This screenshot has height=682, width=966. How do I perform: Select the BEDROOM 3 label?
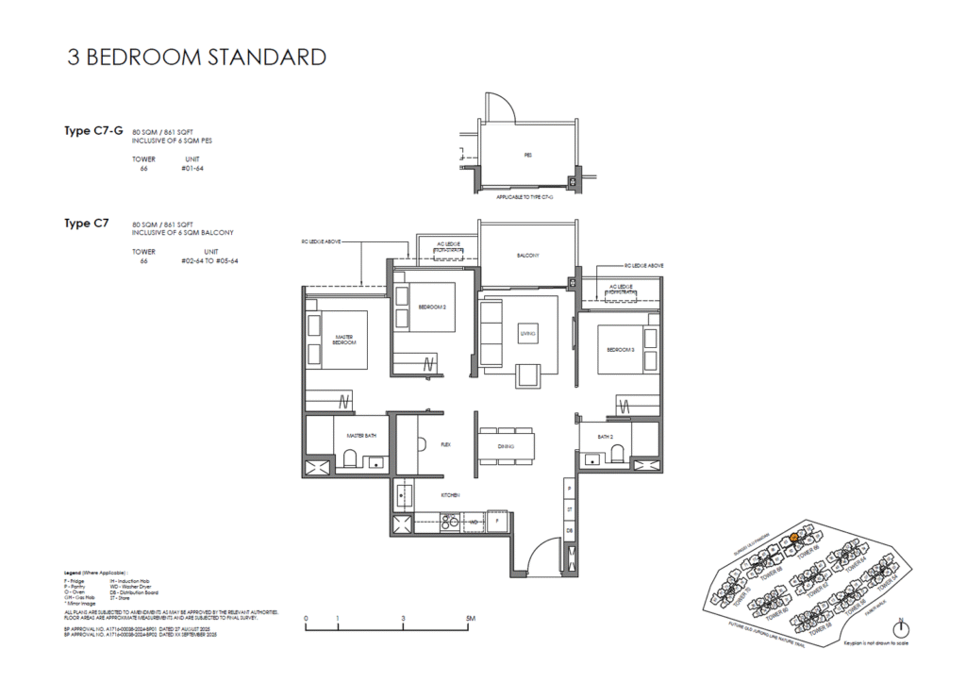[x=619, y=349]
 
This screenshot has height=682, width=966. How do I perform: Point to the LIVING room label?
[x=527, y=334]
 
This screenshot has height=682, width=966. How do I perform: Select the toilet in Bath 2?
[x=617, y=457]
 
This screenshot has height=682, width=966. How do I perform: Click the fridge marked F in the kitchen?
[x=497, y=520]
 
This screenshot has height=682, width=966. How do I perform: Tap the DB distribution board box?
[x=569, y=531]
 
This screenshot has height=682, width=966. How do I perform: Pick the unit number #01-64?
[x=192, y=170]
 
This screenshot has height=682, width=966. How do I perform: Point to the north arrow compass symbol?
[x=903, y=629]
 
